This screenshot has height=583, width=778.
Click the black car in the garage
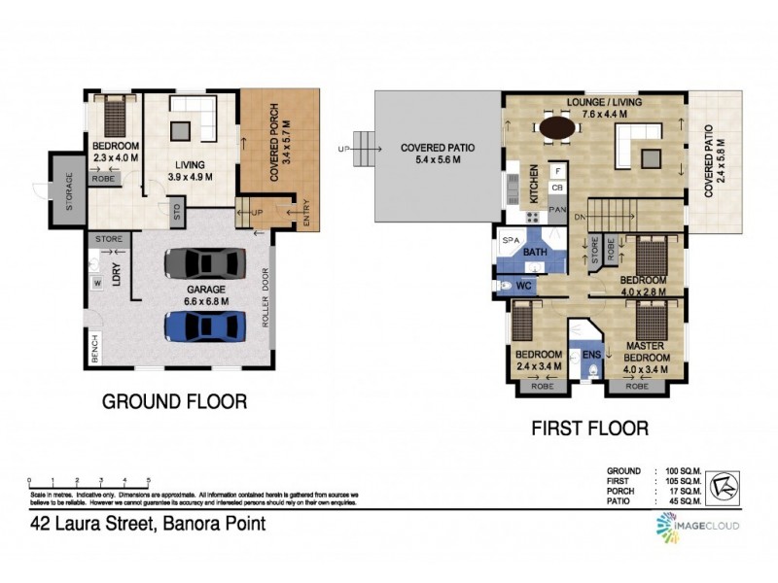tap(204, 263)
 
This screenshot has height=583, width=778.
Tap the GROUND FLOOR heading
tap(175, 400)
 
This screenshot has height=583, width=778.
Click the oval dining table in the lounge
tap(555, 126)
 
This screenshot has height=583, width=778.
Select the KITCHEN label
tap(534, 184)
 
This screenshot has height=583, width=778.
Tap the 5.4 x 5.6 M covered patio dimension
tap(439, 161)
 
